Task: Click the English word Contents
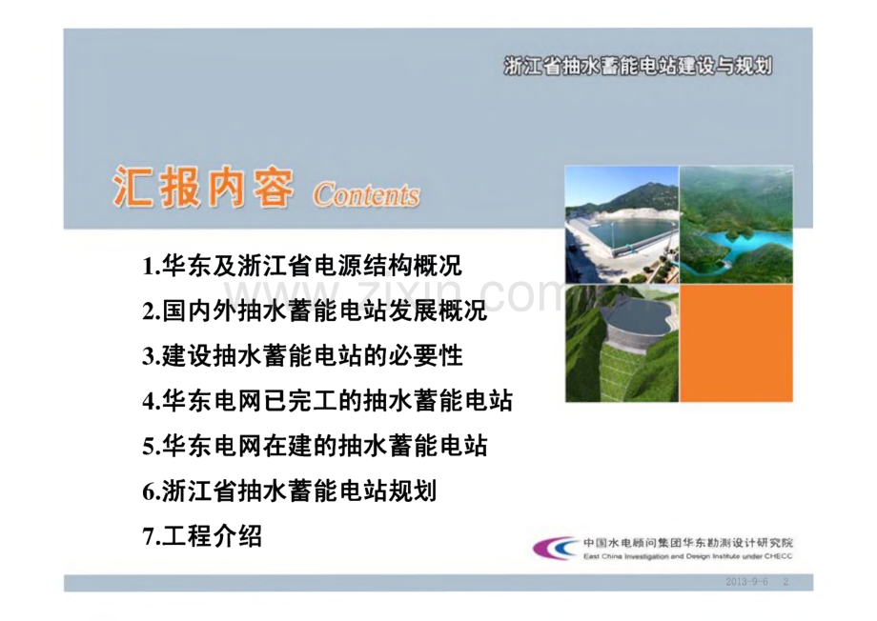pos(366,195)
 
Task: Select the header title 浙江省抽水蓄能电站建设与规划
pos(638,67)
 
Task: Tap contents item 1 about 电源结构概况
pos(302,266)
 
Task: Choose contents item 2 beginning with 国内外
pos(315,311)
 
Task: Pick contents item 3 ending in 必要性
pos(302,356)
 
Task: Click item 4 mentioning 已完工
pos(328,401)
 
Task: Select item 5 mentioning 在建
pos(315,447)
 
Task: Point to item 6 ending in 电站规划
pos(290,491)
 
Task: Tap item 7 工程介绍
pos(202,536)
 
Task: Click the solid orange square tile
pos(736,343)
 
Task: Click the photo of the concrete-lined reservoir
pos(622,225)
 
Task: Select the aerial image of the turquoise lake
pos(736,225)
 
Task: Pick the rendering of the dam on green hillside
pos(622,343)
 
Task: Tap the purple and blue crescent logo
pos(554,548)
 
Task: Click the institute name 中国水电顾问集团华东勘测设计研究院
pos(688,543)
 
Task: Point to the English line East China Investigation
pos(688,556)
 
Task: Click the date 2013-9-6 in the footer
pos(746,582)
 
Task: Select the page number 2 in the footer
pos(785,582)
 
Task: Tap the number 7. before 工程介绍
pos(152,536)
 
